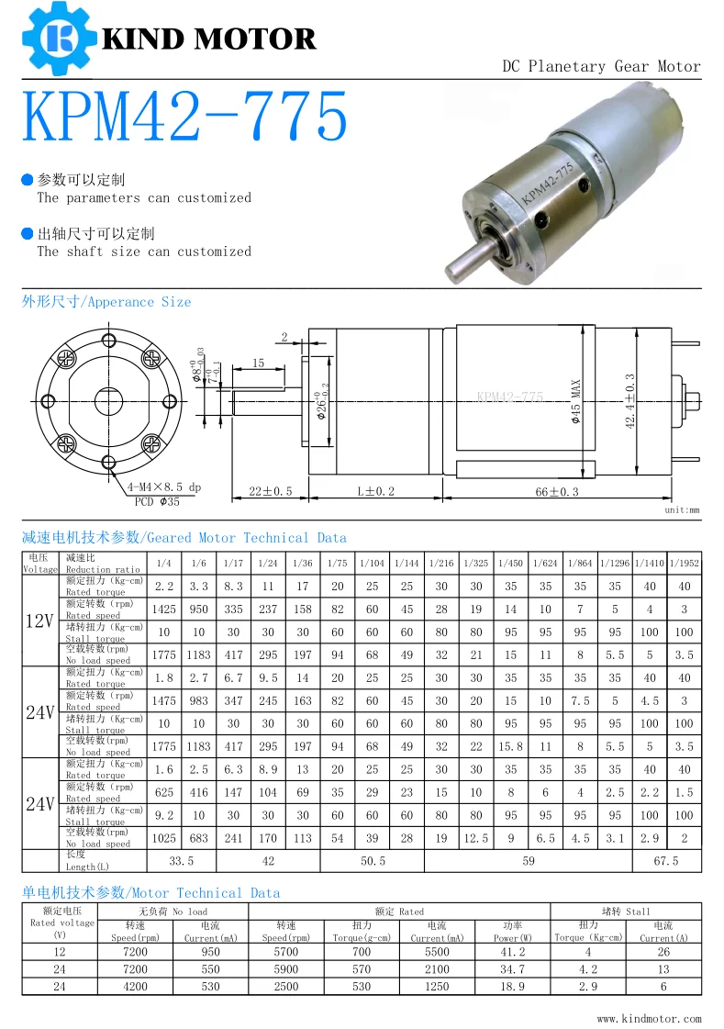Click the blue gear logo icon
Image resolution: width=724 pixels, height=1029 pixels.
pyautogui.click(x=56, y=38)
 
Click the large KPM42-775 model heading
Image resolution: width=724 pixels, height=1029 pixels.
pyautogui.click(x=184, y=117)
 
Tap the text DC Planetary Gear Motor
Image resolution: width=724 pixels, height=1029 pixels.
pyautogui.click(x=601, y=66)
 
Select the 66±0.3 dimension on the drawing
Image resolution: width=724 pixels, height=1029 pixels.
pyautogui.click(x=557, y=491)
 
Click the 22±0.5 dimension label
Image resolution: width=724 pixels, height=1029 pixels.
pyautogui.click(x=270, y=491)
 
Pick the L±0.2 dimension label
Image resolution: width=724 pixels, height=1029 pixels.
pyautogui.click(x=375, y=491)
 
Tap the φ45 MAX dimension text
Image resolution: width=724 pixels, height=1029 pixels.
pyautogui.click(x=576, y=400)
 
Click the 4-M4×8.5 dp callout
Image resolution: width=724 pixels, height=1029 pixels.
pyautogui.click(x=164, y=487)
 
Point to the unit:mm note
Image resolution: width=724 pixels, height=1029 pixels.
pyautogui.click(x=681, y=509)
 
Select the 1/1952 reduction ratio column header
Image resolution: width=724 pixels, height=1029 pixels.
pyautogui.click(x=685, y=563)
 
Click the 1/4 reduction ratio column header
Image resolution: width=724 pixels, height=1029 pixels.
pyautogui.click(x=164, y=563)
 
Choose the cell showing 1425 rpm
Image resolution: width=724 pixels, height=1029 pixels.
pyautogui.click(x=164, y=609)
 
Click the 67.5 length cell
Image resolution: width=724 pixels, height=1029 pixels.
pyautogui.click(x=667, y=861)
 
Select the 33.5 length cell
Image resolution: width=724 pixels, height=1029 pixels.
pyautogui.click(x=182, y=861)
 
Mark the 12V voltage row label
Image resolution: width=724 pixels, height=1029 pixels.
pyautogui.click(x=39, y=621)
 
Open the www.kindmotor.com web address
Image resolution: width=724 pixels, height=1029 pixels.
pyautogui.click(x=648, y=1018)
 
